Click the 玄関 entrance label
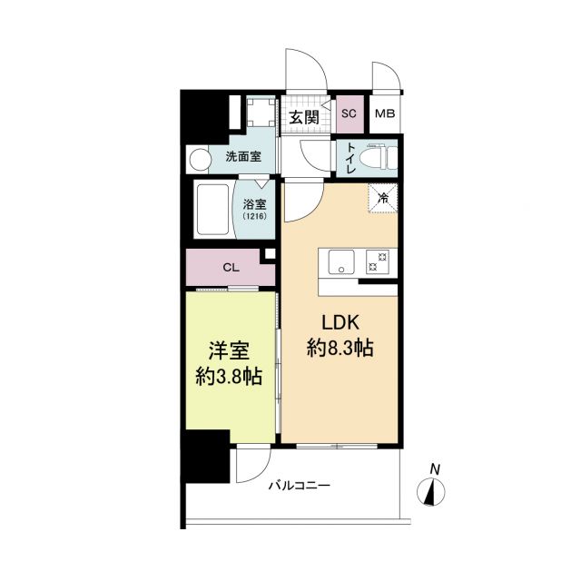coord(304,116)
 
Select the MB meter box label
coord(386,114)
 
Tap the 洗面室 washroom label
coord(243,157)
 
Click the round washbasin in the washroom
coord(199,159)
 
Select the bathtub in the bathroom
coord(212,212)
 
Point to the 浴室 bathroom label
coord(253,204)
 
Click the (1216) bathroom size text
coord(253,218)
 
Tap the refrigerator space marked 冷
coord(382,198)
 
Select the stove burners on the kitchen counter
coord(377,261)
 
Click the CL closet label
coord(231,268)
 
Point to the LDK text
coord(340,322)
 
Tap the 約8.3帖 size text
coord(340,347)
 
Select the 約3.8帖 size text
coord(231,377)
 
